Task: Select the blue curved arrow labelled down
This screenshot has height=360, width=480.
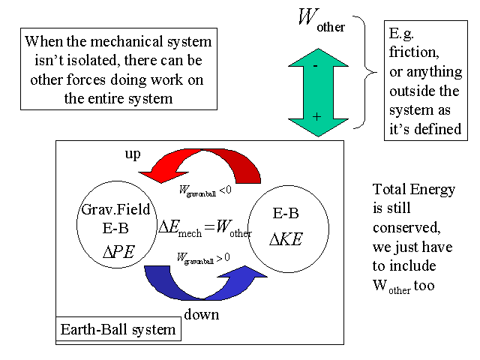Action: pyautogui.click(x=202, y=282)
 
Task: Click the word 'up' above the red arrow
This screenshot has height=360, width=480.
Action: pyautogui.click(x=132, y=154)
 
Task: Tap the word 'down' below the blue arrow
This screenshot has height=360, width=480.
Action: pyautogui.click(x=201, y=314)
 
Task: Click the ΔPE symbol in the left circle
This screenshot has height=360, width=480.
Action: pyautogui.click(x=118, y=251)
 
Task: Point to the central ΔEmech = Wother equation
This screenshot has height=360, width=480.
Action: pyautogui.click(x=205, y=227)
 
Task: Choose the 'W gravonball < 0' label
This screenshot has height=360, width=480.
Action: pyautogui.click(x=204, y=191)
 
